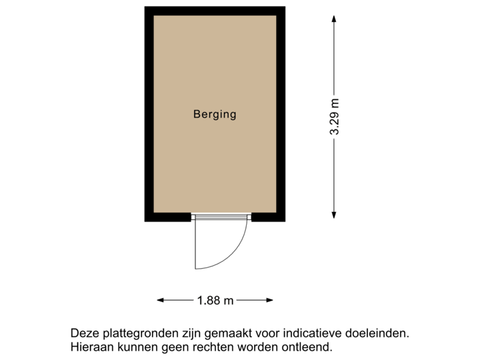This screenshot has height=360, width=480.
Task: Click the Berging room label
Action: click(215, 114)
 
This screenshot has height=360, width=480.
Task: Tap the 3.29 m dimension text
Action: click(335, 117)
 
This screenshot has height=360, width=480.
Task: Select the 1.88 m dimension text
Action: click(215, 301)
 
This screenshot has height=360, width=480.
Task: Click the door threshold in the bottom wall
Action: click(221, 217)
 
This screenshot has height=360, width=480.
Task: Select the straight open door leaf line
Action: click(195, 243)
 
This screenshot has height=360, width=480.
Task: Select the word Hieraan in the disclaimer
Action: click(89, 347)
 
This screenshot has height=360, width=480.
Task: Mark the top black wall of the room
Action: click(215, 11)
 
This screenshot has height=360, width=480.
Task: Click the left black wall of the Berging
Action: click(149, 113)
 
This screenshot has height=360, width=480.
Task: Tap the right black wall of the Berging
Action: click(281, 113)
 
